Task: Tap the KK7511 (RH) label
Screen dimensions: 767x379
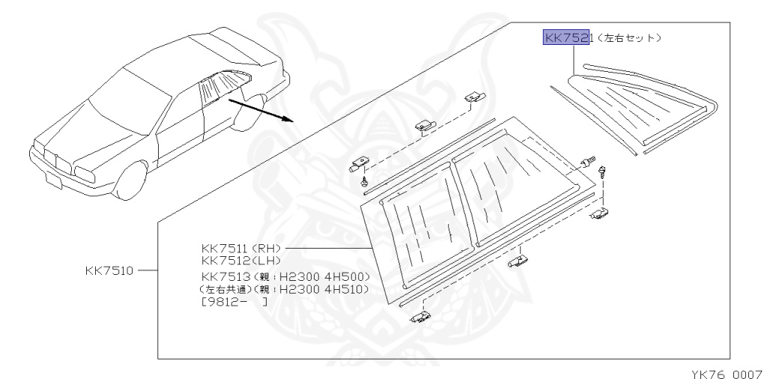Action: (240, 247)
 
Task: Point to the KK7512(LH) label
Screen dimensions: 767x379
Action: (239, 260)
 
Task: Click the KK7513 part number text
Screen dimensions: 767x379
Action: (223, 276)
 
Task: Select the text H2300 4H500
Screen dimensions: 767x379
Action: (326, 276)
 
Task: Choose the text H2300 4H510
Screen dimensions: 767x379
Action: (326, 289)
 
